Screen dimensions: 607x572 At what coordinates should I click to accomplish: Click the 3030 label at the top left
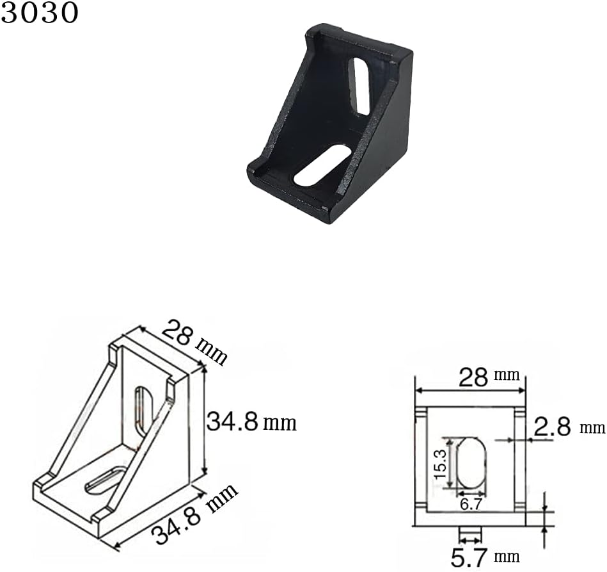[x=39, y=12]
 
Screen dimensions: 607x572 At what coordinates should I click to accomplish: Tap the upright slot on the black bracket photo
[x=359, y=86]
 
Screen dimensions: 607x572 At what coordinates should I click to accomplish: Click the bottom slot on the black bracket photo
[x=322, y=165]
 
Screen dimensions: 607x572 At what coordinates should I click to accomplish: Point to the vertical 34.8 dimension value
[x=232, y=422]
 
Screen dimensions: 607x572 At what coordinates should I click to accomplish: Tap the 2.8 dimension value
[x=552, y=427]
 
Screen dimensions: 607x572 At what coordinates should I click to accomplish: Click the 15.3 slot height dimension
[x=441, y=464]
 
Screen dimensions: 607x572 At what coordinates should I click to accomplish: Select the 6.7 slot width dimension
[x=471, y=505]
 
